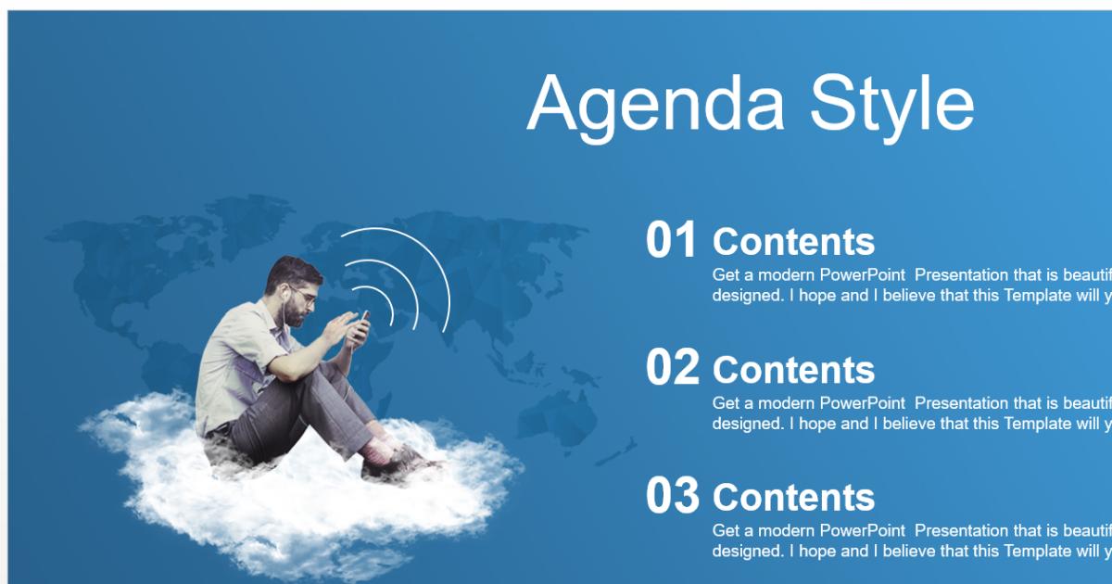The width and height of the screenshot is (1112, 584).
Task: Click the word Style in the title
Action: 891,104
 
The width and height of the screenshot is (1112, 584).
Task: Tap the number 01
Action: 671,241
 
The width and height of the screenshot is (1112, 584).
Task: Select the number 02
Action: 672,369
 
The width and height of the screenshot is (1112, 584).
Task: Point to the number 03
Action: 672,497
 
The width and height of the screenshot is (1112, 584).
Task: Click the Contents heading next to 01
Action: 793,242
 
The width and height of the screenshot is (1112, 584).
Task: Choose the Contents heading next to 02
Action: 793,370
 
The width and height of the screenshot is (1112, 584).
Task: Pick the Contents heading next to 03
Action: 793,498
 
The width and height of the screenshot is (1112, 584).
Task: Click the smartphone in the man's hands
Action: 362,327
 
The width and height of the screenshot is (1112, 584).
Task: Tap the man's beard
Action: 295,316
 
